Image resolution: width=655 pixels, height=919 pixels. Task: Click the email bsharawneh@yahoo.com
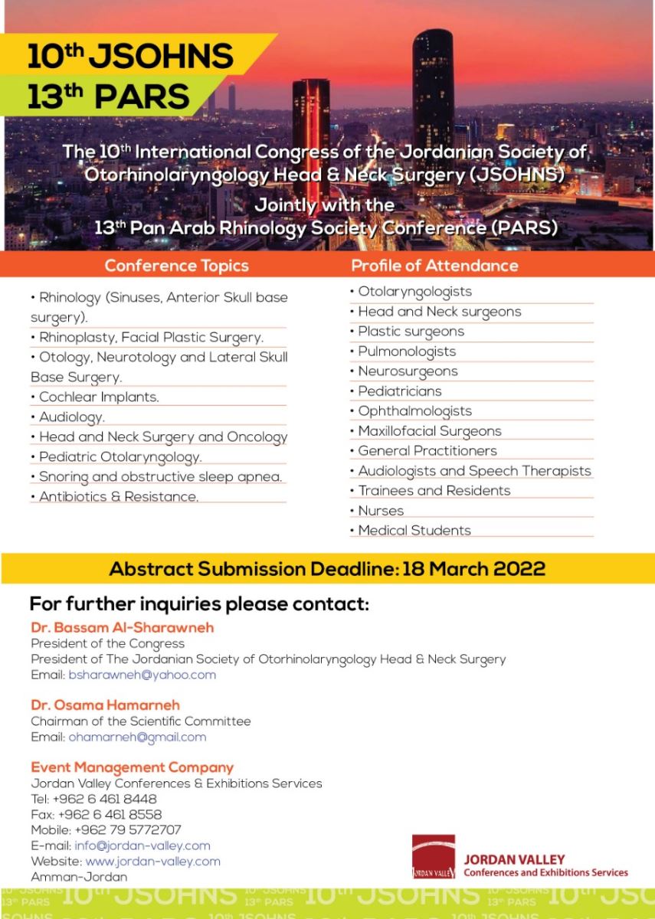point(142,675)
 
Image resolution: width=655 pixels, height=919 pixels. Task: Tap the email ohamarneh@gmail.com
point(137,737)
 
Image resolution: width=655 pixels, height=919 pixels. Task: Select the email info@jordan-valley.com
point(142,846)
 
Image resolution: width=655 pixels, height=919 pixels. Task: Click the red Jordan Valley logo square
point(434,856)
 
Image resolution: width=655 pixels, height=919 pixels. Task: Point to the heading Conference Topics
point(176,266)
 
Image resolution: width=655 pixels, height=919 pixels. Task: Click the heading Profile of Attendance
point(434,266)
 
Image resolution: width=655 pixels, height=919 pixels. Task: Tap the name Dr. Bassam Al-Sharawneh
point(122,628)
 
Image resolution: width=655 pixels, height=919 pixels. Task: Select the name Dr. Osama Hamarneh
point(106,705)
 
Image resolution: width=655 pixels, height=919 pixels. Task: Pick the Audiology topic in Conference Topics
point(70,417)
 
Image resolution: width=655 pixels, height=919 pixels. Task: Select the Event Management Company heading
point(132,767)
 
